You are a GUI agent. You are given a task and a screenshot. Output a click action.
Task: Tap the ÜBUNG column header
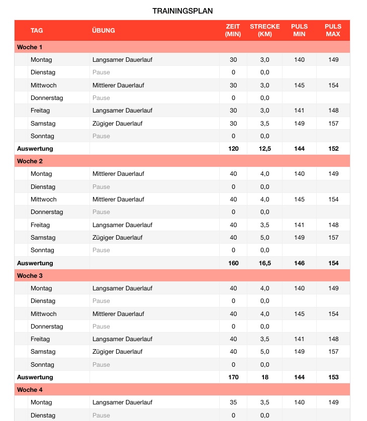(x=104, y=31)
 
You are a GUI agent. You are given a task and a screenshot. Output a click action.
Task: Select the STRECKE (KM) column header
(x=264, y=31)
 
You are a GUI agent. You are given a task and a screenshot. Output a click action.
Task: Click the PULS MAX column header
(x=333, y=31)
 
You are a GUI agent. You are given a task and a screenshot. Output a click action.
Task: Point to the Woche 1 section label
(x=30, y=47)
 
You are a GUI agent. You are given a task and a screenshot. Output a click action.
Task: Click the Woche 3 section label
(x=30, y=276)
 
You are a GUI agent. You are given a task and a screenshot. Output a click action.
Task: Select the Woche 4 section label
(x=30, y=390)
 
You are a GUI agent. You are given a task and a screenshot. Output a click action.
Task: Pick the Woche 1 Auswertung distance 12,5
(x=264, y=149)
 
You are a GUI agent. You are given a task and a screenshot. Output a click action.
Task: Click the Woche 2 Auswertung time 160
(x=233, y=263)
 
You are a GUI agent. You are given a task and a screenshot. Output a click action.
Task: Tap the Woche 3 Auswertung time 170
(x=233, y=377)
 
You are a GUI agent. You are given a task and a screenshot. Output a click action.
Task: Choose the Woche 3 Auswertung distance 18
(x=264, y=377)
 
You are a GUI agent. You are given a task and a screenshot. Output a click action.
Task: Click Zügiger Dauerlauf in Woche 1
(x=118, y=124)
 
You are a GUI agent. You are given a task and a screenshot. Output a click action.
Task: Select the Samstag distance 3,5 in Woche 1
(x=264, y=124)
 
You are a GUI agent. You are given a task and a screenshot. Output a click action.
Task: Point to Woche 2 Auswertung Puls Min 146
(x=299, y=263)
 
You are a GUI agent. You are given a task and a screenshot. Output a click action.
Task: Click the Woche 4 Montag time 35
(x=233, y=402)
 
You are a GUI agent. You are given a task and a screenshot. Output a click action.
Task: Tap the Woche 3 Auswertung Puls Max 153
(x=333, y=377)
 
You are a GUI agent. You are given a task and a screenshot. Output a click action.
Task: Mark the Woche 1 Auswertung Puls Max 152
(x=333, y=149)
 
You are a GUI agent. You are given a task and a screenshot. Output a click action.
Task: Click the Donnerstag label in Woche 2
(x=47, y=212)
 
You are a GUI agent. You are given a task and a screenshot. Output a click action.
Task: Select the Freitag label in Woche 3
(x=40, y=339)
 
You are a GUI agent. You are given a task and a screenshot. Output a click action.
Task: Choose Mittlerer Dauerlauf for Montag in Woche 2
(x=118, y=174)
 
